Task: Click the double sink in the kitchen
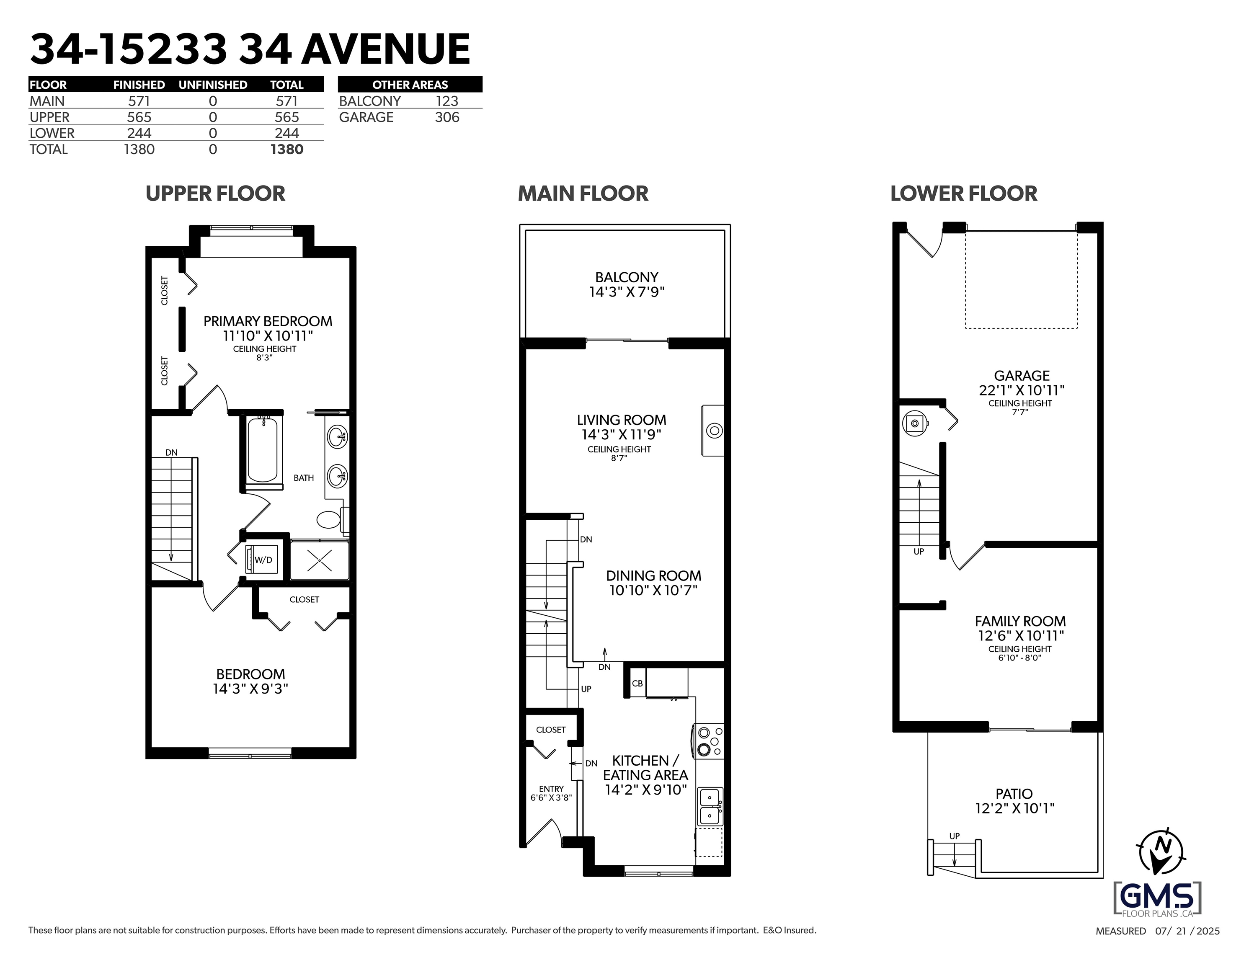click(710, 807)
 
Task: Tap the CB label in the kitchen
click(637, 684)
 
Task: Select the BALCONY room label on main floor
click(627, 277)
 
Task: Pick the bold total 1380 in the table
click(286, 149)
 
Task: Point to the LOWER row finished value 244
click(139, 133)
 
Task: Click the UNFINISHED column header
click(213, 85)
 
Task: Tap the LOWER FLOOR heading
click(964, 194)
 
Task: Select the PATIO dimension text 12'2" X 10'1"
click(1014, 808)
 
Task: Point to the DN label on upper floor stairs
click(172, 452)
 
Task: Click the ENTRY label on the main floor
click(551, 789)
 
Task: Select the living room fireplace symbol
click(714, 431)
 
